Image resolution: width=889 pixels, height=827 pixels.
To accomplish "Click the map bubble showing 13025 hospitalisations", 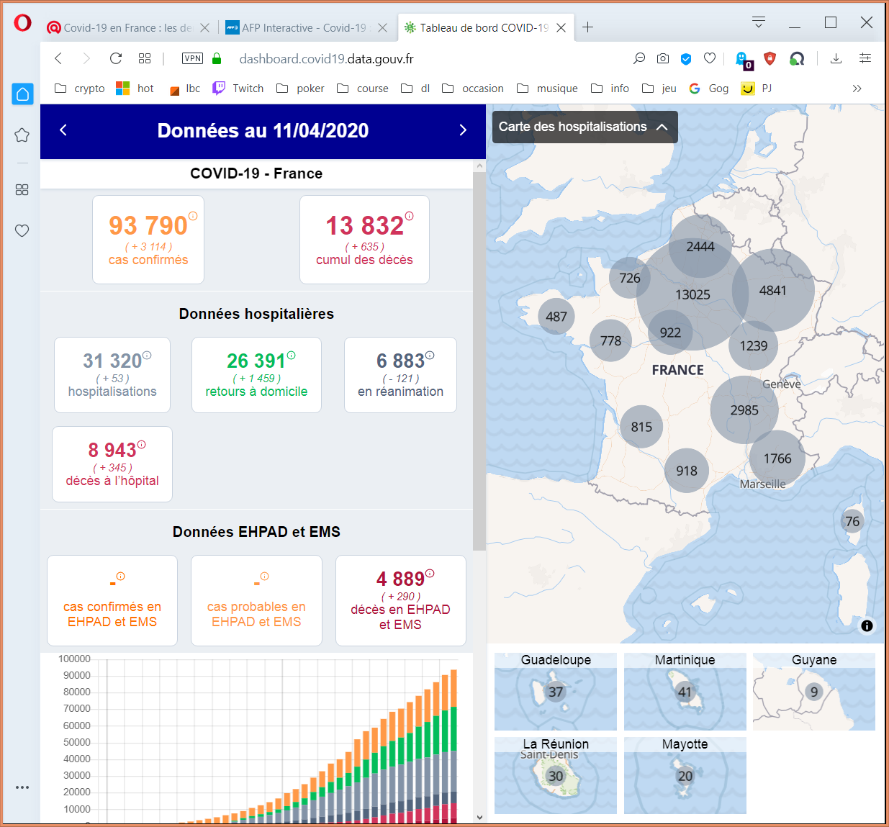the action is pos(692,294).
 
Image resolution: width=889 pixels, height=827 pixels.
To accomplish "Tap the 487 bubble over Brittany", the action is pos(556,317).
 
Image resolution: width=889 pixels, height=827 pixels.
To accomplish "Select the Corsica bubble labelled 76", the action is pos(852,521).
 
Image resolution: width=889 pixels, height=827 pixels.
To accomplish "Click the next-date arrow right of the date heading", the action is pos(463,130).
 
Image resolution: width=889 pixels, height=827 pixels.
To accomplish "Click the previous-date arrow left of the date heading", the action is pos(63,130).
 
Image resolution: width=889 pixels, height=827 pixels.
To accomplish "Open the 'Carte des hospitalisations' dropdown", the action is pos(585,127).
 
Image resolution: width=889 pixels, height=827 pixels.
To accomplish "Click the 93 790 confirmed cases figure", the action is pos(148,225).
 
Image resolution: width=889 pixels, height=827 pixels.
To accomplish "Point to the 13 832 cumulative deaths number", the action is pos(365,225).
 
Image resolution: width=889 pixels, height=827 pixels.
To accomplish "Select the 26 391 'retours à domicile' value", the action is pos(256,361).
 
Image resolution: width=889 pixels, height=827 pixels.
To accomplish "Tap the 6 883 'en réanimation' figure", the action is pos(400,361).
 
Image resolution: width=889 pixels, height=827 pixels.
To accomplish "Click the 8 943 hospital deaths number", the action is pos(112,450).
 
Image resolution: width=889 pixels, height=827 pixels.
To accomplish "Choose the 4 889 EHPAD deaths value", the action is pos(400,579).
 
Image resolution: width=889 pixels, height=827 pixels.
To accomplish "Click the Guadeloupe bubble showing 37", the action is pos(556,692).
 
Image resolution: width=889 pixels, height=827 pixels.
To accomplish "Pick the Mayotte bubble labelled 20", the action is pos(685,776).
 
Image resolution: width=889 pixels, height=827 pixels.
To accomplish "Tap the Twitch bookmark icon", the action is pos(218,89).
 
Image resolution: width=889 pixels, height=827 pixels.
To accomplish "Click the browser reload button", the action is pos(116,58).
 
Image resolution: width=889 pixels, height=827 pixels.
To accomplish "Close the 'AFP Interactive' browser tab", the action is pos(383,28).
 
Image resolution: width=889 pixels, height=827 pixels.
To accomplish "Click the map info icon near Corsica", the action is pos(867,625).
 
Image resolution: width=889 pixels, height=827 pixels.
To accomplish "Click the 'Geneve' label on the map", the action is pos(782,384).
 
